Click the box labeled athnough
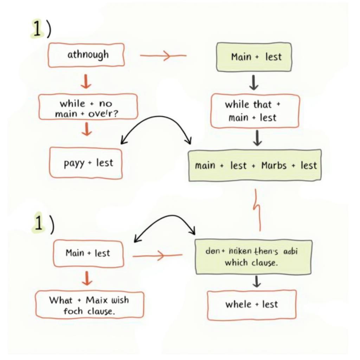tap(86, 55)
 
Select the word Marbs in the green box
tap(274, 166)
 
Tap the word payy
tap(74, 163)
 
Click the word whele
tap(238, 304)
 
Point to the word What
tap(61, 300)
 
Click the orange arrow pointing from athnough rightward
tap(163, 56)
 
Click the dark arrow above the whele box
tap(257, 282)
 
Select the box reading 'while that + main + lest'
tap(255, 111)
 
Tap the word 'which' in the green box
tap(236, 262)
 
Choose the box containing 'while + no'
tap(88, 107)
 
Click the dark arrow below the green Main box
tap(254, 82)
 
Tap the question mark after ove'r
tap(123, 114)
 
